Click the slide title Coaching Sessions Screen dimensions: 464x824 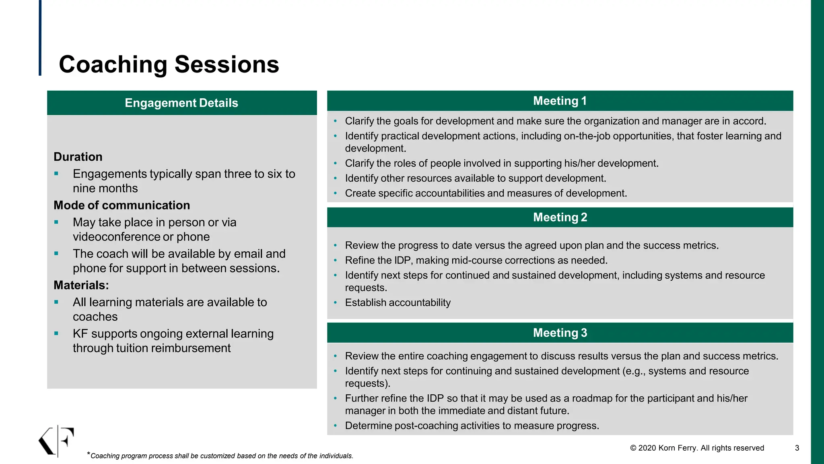click(x=169, y=64)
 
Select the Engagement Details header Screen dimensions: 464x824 click(x=181, y=103)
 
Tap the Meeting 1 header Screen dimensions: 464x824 click(x=560, y=101)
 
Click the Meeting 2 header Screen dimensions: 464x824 click(x=560, y=217)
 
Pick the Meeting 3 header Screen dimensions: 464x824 click(x=560, y=333)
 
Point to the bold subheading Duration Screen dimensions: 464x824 click(x=78, y=157)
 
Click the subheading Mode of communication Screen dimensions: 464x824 click(x=122, y=205)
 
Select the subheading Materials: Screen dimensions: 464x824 click(x=81, y=285)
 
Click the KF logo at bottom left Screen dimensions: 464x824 click(x=57, y=441)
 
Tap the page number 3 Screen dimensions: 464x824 click(x=797, y=448)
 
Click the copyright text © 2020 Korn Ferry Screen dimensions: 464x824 click(x=697, y=448)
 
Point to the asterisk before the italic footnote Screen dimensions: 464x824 click(x=89, y=454)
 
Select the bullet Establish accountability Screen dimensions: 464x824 click(x=398, y=302)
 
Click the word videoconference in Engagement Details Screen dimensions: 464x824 click(x=117, y=237)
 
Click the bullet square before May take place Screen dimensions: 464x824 click(x=56, y=222)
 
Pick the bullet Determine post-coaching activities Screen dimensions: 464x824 click(x=472, y=426)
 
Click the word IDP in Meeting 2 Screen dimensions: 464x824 click(x=402, y=261)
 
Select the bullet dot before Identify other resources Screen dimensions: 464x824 click(x=335, y=178)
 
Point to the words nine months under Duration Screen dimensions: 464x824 click(x=105, y=188)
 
